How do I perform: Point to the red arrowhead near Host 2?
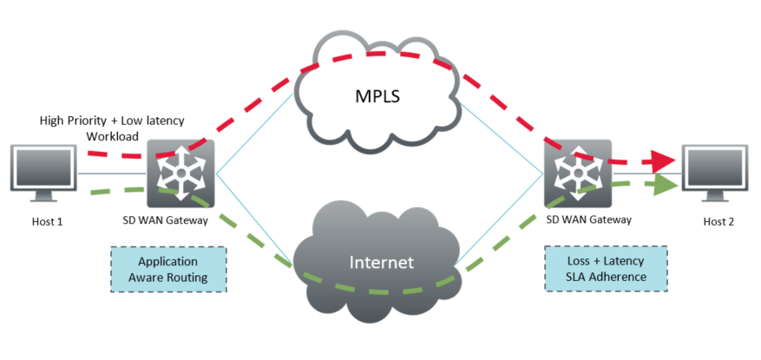[664, 160]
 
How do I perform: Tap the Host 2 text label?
[718, 221]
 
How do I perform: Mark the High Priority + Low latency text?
[113, 120]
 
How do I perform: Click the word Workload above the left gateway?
[113, 136]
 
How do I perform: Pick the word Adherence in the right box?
[617, 277]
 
